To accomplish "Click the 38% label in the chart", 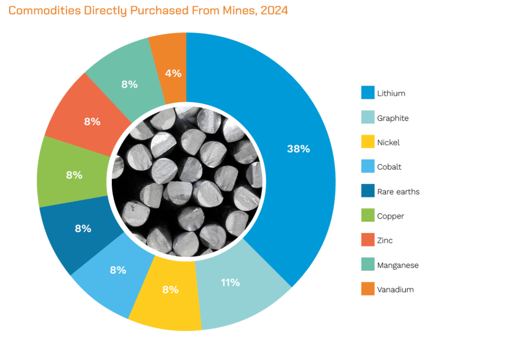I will pyautogui.click(x=298, y=149).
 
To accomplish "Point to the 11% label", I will pyautogui.click(x=230, y=282).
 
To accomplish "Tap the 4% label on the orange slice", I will pyautogui.click(x=173, y=74).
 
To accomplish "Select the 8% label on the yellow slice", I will pyautogui.click(x=170, y=290).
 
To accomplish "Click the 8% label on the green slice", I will pyautogui.click(x=74, y=175).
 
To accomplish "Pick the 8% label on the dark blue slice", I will pyautogui.click(x=83, y=229).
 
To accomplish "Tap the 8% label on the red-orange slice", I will pyautogui.click(x=92, y=121).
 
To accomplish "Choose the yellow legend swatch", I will pyautogui.click(x=368, y=141).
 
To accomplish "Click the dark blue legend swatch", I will pyautogui.click(x=368, y=190).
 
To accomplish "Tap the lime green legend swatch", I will pyautogui.click(x=368, y=215).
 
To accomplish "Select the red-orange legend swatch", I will pyautogui.click(x=368, y=240).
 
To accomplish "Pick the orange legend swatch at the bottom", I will pyautogui.click(x=368, y=289).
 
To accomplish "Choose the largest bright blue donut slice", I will pyautogui.click(x=282, y=101).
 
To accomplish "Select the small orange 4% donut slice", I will pyautogui.click(x=169, y=55).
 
